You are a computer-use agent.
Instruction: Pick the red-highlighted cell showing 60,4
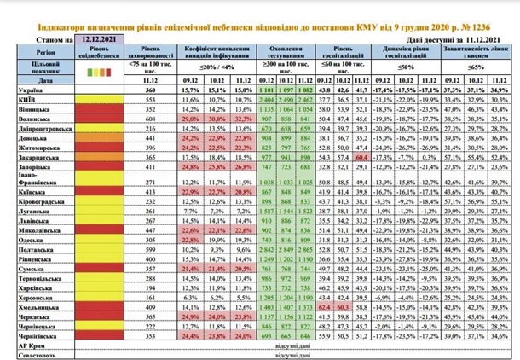coord(361,158)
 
